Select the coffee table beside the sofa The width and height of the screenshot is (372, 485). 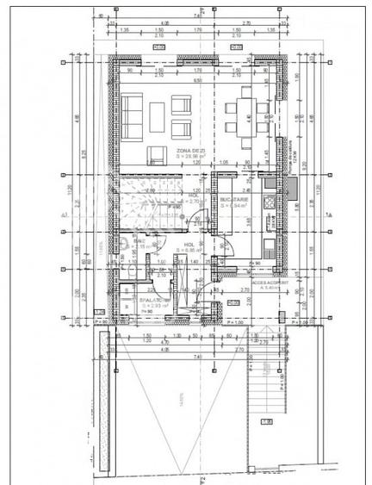158,114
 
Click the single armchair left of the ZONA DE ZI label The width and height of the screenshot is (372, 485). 157,153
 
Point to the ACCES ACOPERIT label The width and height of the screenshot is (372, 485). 269,282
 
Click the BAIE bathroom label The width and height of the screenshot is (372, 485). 138,245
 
